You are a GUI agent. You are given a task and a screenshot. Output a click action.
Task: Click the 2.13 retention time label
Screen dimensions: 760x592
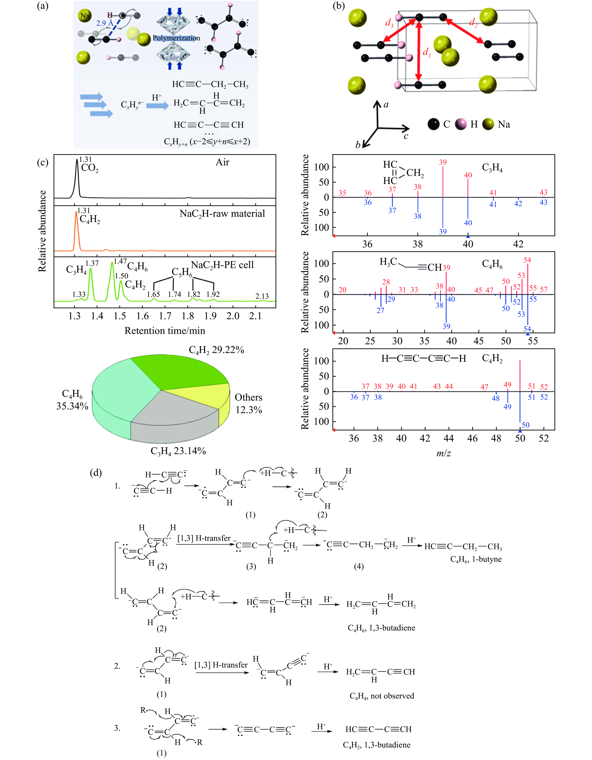[262, 296]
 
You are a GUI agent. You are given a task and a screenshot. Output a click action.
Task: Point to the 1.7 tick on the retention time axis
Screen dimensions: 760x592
[165, 316]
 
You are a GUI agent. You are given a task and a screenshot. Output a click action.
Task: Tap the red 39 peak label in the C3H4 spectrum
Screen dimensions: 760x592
[443, 162]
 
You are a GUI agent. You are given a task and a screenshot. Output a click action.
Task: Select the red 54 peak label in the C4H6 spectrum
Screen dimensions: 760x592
[527, 260]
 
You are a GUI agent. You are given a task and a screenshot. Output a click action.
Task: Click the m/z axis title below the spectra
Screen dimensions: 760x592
[443, 453]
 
